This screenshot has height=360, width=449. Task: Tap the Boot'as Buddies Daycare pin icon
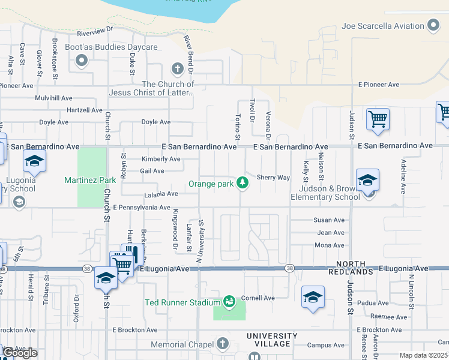(82, 60)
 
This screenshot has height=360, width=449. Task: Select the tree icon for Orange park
(243, 182)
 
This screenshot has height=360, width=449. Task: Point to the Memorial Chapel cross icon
(223, 344)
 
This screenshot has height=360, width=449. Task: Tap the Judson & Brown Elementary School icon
(367, 180)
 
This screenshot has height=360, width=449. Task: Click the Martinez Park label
(90, 180)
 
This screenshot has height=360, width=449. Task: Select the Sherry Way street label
(273, 178)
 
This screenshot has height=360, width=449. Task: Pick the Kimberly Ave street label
(160, 159)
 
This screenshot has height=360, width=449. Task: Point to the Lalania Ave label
(161, 194)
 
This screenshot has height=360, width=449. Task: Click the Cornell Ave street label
(258, 298)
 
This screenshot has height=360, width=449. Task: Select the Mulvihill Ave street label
(53, 98)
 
